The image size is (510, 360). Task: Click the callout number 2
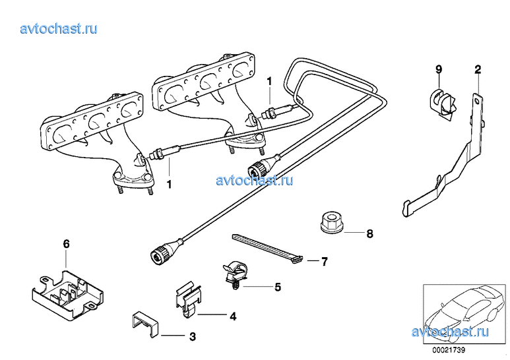click(478, 69)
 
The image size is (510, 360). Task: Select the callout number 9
click(438, 69)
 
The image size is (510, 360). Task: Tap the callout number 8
click(370, 233)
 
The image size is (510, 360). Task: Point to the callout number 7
click(324, 262)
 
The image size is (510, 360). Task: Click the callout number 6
click(66, 244)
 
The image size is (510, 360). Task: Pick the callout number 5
click(278, 287)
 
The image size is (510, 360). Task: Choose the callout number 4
click(232, 316)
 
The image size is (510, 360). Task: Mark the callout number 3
click(192, 337)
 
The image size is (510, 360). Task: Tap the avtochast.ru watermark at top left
click(59, 28)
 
